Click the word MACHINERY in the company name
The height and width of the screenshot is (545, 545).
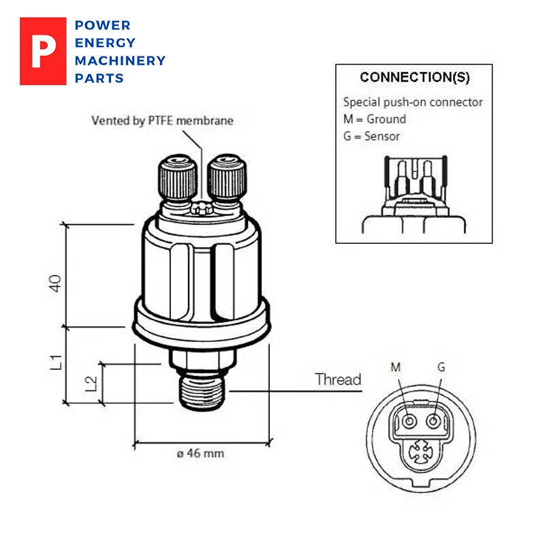click(x=120, y=61)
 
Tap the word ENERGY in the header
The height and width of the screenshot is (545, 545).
click(x=105, y=43)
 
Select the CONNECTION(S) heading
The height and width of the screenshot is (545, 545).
click(x=414, y=77)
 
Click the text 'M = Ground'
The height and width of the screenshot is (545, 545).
click(x=375, y=119)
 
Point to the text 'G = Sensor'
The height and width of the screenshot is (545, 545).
click(x=371, y=136)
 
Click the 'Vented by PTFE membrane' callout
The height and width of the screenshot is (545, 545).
click(x=162, y=121)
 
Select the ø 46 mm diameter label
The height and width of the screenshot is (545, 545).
click(x=200, y=454)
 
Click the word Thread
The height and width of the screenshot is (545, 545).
click(x=338, y=379)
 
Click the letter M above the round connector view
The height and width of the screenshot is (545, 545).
click(x=395, y=367)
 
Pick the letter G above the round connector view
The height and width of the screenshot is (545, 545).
click(x=441, y=367)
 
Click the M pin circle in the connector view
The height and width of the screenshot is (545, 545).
click(x=409, y=422)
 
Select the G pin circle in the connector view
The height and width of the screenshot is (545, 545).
click(x=433, y=422)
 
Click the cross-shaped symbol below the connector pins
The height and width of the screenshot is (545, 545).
click(x=421, y=451)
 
